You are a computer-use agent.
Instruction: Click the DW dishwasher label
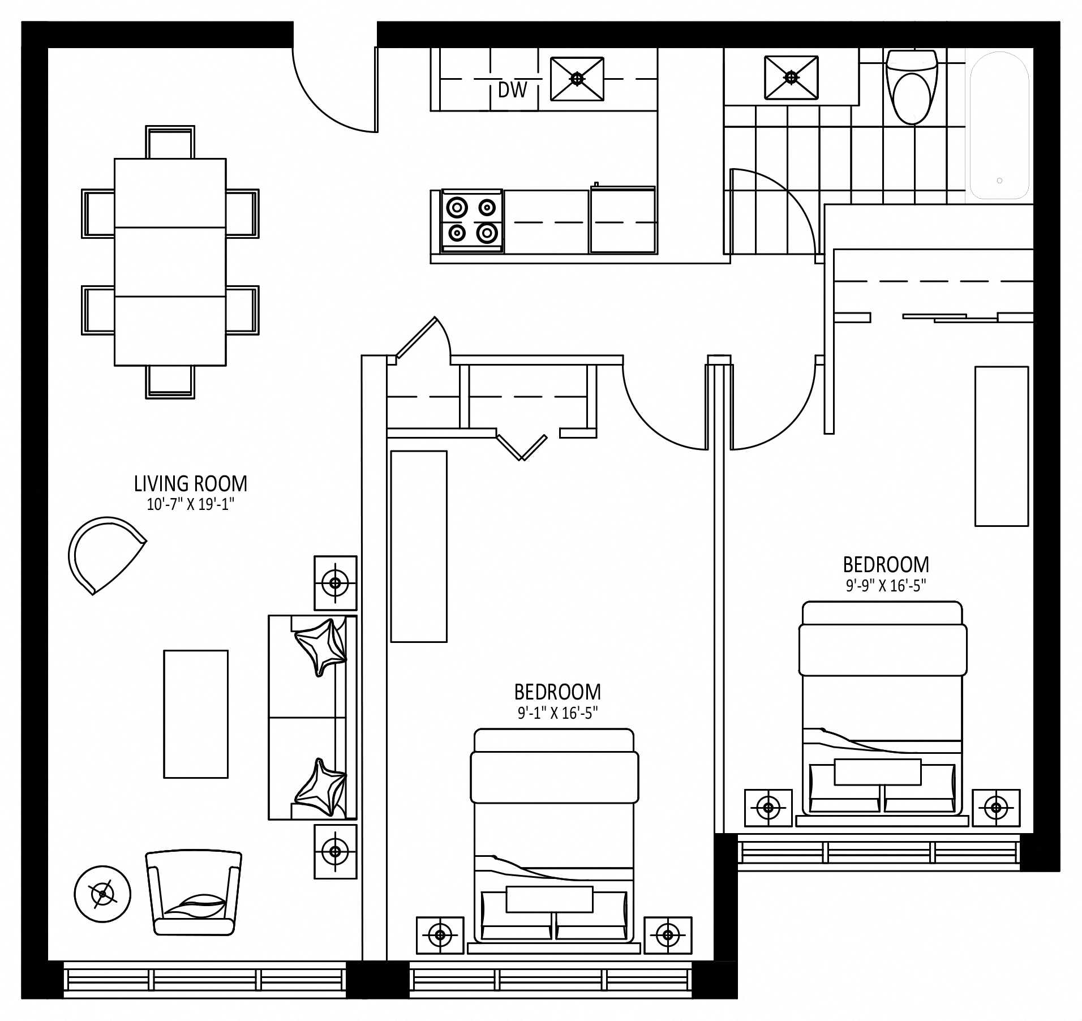(x=512, y=89)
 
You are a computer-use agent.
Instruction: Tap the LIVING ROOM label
(x=191, y=484)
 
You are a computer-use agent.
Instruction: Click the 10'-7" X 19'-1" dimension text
(x=191, y=505)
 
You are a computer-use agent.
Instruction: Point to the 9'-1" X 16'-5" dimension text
(x=557, y=713)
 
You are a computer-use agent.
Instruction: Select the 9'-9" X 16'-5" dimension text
(x=886, y=586)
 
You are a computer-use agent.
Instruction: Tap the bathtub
(x=999, y=125)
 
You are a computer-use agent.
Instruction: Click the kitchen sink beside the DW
(x=577, y=79)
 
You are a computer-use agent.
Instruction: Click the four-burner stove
(x=472, y=221)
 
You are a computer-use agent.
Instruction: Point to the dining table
(x=170, y=262)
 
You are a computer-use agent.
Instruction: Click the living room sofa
(x=312, y=717)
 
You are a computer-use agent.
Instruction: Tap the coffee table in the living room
(x=196, y=714)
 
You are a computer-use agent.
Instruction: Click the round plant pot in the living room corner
(x=102, y=895)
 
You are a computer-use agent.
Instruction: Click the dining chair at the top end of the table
(x=170, y=141)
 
